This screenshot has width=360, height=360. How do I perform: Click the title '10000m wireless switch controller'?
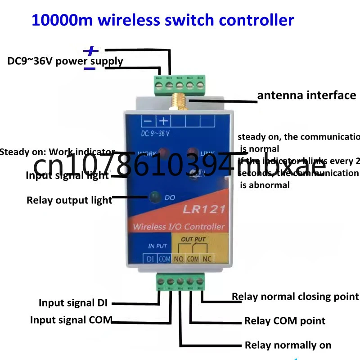click(x=162, y=20)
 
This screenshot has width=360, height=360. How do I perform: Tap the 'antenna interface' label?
click(x=306, y=95)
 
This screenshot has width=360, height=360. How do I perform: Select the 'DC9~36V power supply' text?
click(x=65, y=61)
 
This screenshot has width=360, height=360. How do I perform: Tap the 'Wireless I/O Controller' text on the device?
click(x=179, y=226)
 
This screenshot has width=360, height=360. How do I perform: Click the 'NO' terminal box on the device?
click(x=179, y=259)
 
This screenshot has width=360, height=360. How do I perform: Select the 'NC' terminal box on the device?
click(x=207, y=259)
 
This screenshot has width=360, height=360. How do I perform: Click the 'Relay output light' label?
click(x=69, y=200)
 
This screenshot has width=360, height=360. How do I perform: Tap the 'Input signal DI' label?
click(x=73, y=303)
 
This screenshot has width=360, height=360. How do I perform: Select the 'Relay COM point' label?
click(x=284, y=321)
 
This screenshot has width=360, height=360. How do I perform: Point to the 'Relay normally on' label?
click(x=288, y=345)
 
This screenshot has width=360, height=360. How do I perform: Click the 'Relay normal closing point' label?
click(x=295, y=297)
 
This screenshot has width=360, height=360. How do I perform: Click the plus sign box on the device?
click(x=163, y=121)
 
